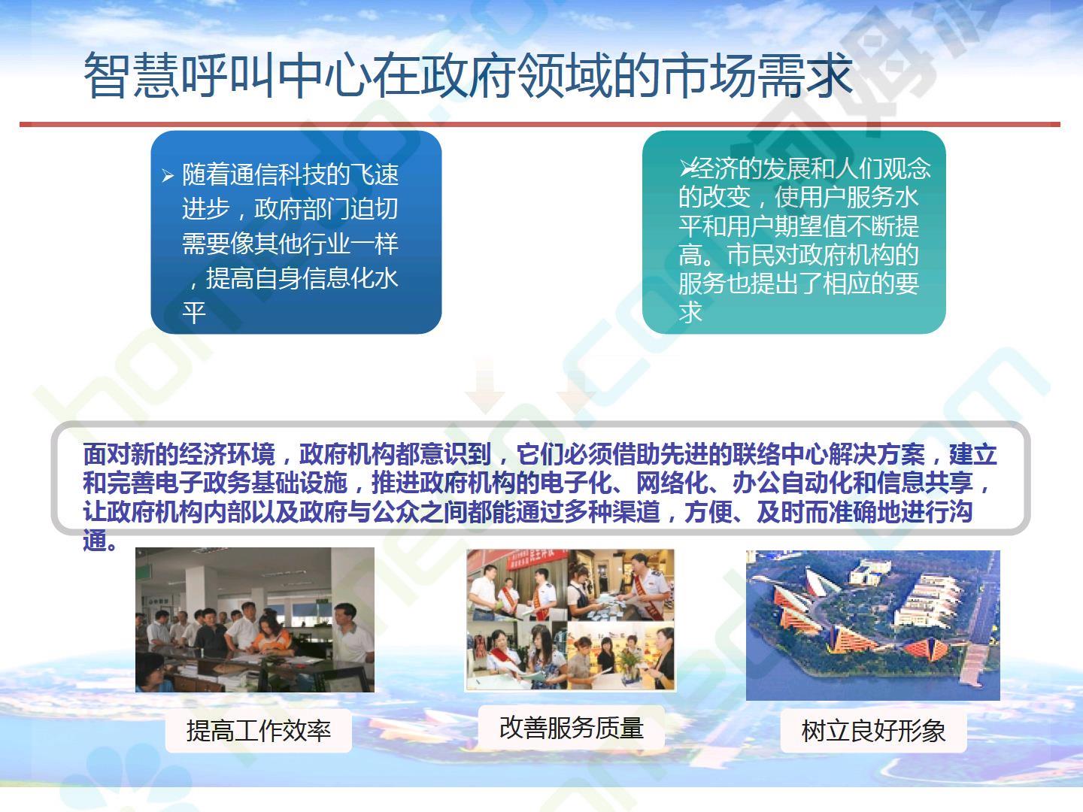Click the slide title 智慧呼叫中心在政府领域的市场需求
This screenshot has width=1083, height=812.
point(469,75)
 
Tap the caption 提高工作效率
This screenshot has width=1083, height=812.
point(259,731)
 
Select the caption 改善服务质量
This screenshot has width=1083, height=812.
point(572,728)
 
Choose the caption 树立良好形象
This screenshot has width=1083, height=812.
point(873,731)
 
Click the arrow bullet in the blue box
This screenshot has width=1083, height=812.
point(168,175)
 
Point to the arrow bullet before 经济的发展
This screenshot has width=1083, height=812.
point(685,168)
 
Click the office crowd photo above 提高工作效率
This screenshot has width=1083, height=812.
point(255,620)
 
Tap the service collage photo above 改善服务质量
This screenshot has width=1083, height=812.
point(570,620)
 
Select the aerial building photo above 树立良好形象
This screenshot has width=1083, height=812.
point(873,625)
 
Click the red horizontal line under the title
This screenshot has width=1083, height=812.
point(540,124)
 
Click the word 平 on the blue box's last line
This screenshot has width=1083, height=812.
point(194,313)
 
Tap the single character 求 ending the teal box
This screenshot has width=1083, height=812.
point(690,312)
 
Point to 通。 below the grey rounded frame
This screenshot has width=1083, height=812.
point(100,541)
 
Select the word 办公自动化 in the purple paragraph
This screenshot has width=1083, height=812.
point(792,483)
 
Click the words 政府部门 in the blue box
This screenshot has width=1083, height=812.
point(302,208)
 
